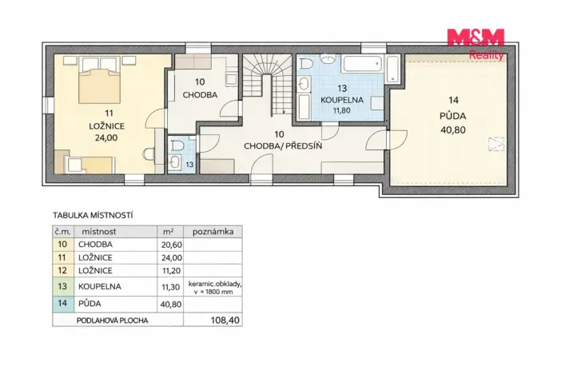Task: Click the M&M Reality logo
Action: pyautogui.click(x=475, y=44)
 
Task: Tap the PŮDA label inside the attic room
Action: pyautogui.click(x=453, y=116)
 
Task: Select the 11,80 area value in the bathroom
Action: pyautogui.click(x=342, y=110)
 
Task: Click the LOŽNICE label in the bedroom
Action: pyautogui.click(x=106, y=126)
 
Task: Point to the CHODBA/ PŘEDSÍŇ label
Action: pyautogui.click(x=283, y=145)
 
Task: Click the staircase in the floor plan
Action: pyautogui.click(x=268, y=86)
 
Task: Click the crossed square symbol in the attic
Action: pyautogui.click(x=496, y=144)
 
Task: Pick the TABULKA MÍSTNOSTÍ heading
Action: pyautogui.click(x=93, y=216)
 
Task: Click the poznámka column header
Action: pyautogui.click(x=213, y=232)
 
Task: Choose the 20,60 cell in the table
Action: pyautogui.click(x=172, y=245)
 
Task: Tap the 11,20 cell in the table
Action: pyautogui.click(x=172, y=271)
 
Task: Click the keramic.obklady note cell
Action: pyautogui.click(x=215, y=288)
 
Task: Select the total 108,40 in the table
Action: pyautogui.click(x=225, y=320)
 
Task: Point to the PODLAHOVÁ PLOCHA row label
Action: pyautogui.click(x=113, y=320)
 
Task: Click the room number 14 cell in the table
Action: pyautogui.click(x=62, y=303)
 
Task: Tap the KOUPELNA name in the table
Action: pyautogui.click(x=95, y=286)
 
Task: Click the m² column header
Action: pyautogui.click(x=169, y=232)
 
